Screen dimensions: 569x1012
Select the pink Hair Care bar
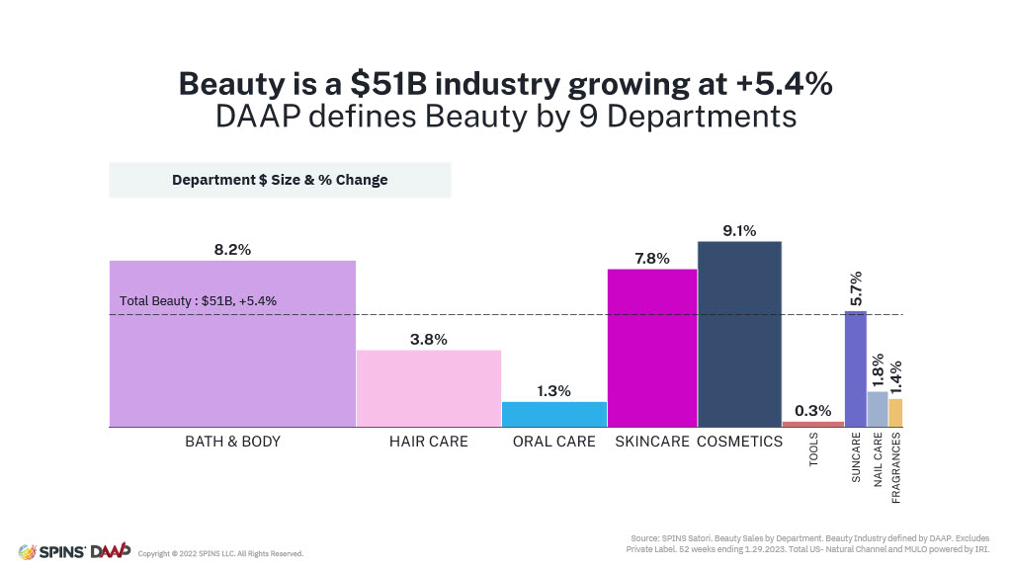coord(429,388)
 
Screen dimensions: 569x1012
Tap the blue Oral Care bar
coord(554,414)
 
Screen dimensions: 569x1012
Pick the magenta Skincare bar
coord(651,348)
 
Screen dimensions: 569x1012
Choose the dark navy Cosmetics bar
coord(739,334)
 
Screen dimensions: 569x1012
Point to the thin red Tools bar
coord(813,424)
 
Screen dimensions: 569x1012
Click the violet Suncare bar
coord(856,368)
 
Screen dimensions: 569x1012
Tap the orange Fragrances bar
coord(895,413)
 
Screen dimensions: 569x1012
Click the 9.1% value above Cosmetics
coord(739,231)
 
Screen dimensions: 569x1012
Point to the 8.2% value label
coord(232,250)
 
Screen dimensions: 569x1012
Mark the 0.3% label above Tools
coord(813,411)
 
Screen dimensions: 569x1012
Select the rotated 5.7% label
coord(856,288)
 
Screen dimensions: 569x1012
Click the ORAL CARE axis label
coord(554,442)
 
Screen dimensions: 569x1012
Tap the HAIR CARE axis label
coord(429,442)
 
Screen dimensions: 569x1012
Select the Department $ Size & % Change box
coord(280,180)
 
